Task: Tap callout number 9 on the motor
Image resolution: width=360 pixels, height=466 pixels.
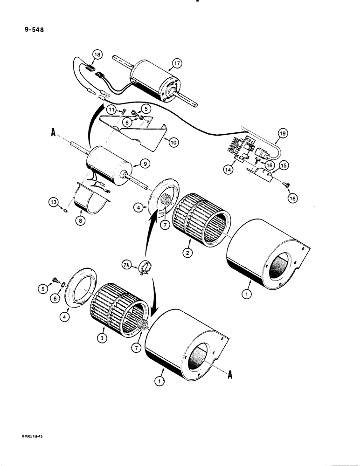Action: (x=144, y=164)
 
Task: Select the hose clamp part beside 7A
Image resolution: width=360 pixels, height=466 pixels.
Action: (x=143, y=269)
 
